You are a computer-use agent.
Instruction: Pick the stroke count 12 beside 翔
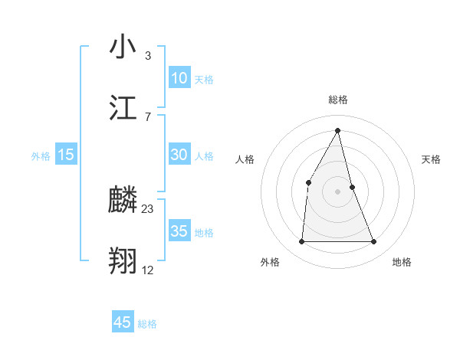148,270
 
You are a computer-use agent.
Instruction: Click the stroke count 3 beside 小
148,56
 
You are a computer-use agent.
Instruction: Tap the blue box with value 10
179,78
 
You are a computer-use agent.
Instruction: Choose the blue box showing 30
179,155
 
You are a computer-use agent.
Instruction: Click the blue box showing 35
179,231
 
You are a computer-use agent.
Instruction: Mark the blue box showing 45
123,322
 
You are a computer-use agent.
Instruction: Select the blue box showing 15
66,155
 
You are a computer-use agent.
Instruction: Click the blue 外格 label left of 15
41,155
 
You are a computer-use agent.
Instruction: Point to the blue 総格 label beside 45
147,324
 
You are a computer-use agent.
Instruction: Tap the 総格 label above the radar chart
338,100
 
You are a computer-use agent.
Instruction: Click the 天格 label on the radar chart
431,159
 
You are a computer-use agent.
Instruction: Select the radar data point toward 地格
373,242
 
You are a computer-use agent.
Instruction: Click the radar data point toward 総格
338,130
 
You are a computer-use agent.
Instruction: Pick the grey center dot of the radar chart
338,191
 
